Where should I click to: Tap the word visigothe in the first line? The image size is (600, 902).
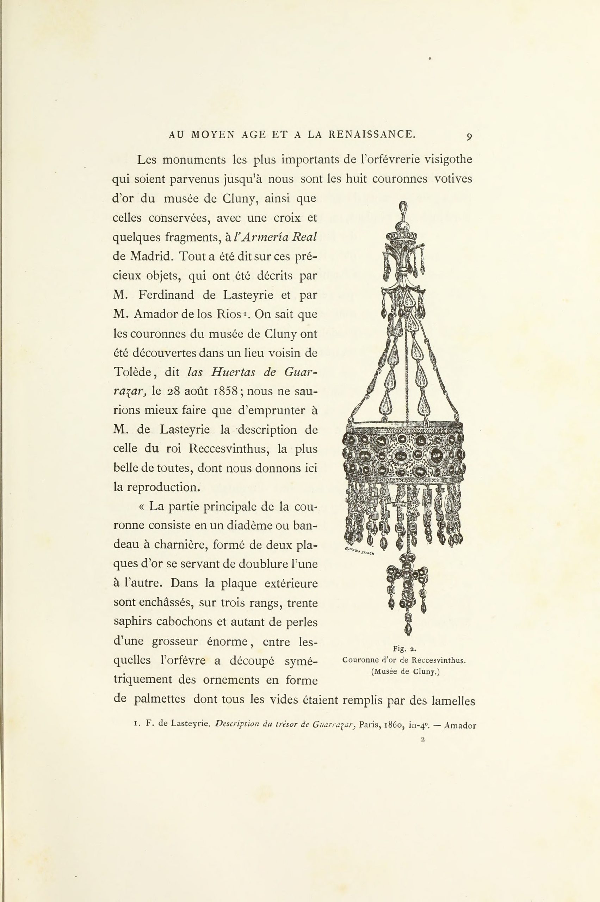click(449, 160)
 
